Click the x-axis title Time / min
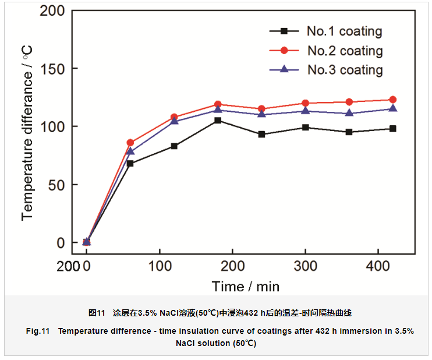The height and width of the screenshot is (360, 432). [x=246, y=286]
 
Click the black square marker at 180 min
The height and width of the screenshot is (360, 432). [x=218, y=121]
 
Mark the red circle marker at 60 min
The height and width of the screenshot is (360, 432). [x=130, y=143]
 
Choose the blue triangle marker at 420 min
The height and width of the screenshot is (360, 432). [x=392, y=108]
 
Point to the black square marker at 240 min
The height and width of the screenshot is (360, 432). [x=261, y=135]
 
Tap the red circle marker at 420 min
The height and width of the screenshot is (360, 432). [x=392, y=100]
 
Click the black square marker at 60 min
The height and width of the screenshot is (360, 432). [x=130, y=164]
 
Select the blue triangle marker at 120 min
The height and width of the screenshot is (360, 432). [x=174, y=121]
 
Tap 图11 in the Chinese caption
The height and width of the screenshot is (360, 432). [x=96, y=313]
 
